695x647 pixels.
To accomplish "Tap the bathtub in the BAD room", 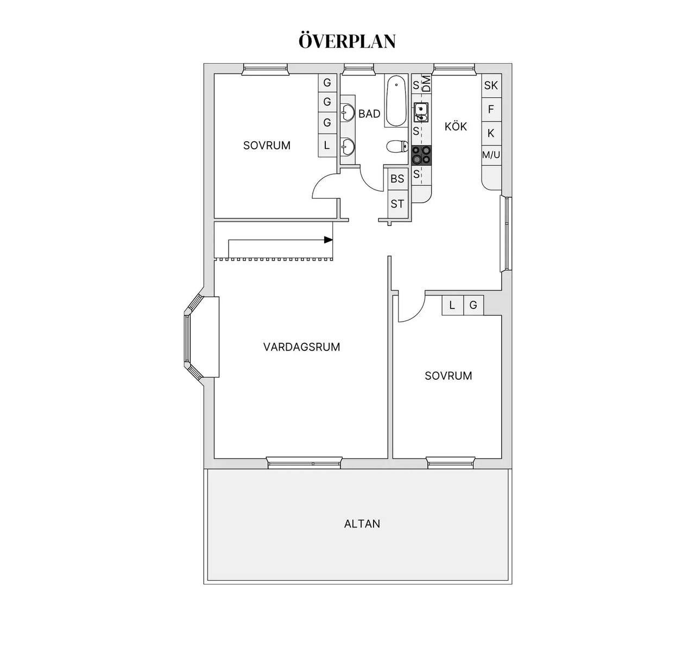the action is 396,101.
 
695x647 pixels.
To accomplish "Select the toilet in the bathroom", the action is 397,146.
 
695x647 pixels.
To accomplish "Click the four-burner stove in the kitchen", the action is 421,155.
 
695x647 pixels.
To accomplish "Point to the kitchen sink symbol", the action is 421,112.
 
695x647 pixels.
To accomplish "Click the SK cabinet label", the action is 491,85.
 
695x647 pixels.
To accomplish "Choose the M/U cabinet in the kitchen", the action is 491,155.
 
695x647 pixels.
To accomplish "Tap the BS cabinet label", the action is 397,179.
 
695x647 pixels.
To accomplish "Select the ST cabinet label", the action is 397,204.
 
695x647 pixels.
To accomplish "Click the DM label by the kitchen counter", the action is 427,84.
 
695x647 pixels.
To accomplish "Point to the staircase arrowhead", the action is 328,240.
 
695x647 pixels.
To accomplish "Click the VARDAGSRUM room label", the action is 302,347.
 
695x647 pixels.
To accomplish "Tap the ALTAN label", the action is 362,524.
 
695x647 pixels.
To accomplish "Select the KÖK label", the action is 456,126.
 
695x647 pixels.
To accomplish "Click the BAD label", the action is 369,114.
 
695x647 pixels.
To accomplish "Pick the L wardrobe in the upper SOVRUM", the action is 327,145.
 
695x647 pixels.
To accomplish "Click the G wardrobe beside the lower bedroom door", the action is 473,305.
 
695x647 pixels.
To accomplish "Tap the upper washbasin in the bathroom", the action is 348,111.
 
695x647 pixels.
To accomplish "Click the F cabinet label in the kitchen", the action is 491,109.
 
